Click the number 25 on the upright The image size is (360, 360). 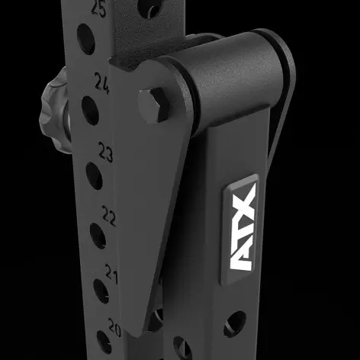98,10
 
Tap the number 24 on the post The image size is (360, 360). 102,80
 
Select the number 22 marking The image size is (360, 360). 108,217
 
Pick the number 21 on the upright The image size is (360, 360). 111,273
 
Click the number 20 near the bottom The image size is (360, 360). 114,326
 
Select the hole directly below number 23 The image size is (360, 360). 94,176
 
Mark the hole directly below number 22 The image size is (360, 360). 98,235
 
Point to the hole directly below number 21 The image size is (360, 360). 101,291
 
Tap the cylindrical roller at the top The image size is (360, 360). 229,72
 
